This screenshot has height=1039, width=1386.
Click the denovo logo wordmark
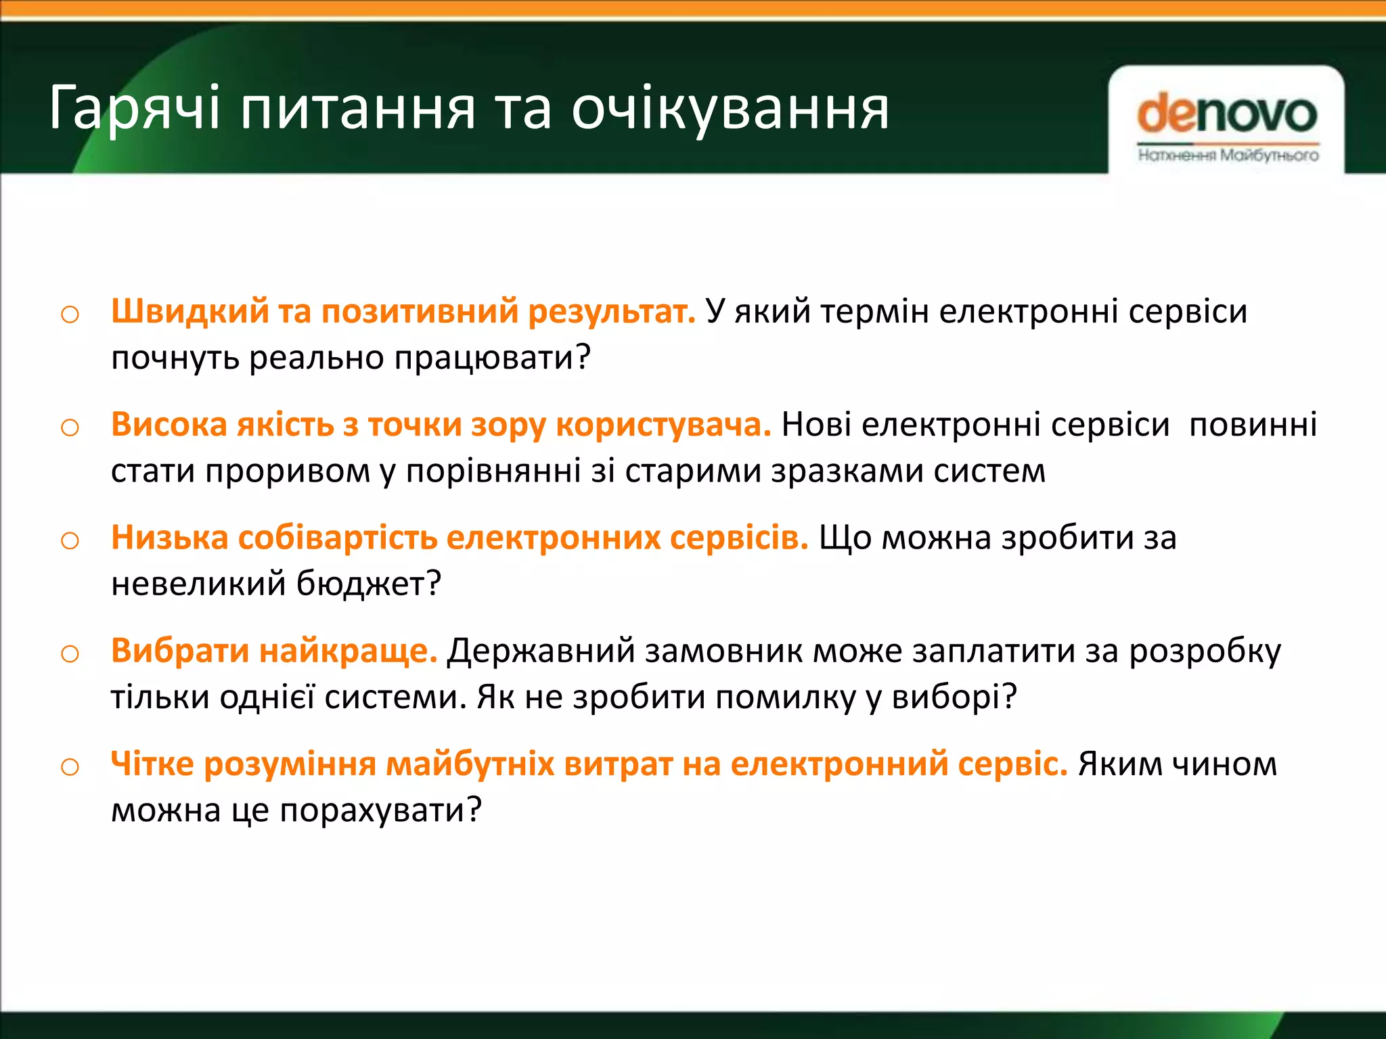coord(1227,114)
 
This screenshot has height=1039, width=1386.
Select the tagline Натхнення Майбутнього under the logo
coord(1228,156)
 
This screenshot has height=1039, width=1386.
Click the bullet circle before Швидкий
coord(70,315)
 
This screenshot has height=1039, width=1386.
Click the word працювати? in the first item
coord(493,358)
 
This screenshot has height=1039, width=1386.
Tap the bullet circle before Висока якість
coord(70,428)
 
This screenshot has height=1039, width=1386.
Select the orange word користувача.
coord(663,425)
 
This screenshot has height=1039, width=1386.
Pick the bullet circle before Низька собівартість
coord(70,540)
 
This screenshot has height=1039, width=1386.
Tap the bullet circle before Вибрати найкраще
coord(70,653)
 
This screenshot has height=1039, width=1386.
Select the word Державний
coord(541,651)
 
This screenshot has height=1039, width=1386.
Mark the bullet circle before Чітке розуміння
coord(70,767)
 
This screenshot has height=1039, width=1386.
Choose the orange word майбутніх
coord(470,764)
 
